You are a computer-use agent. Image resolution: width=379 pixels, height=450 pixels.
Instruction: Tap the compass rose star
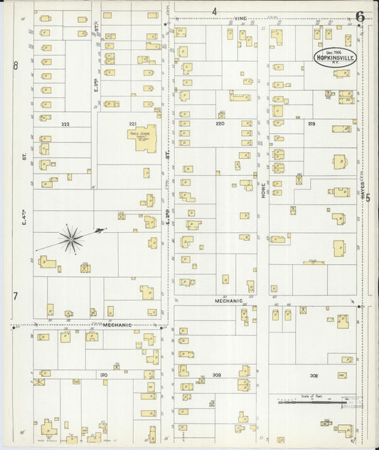pos(71,239)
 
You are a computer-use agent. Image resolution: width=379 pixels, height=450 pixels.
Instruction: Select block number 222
pos(65,124)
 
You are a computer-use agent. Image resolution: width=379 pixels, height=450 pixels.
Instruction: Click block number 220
pos(220,123)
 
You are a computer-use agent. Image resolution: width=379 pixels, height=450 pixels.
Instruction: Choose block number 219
pos(311,124)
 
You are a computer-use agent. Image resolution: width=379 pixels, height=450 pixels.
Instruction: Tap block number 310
pos(103,374)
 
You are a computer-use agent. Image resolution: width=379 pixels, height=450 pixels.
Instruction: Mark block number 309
pos(216,374)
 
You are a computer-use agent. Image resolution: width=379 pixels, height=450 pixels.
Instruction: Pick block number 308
pos(314,375)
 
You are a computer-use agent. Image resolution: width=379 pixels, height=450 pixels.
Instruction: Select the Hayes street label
pos(362,189)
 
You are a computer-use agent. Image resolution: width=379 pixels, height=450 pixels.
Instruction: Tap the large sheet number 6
pos(361,16)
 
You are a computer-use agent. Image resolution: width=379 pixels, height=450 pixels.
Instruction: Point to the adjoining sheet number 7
pos(14,295)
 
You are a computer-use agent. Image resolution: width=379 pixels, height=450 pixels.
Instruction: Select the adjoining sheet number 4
pos(214,11)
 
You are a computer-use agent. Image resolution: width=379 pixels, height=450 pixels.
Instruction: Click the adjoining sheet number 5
pos(368,198)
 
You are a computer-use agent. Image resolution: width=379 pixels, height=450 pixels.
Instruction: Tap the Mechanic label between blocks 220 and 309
pos(229,301)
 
